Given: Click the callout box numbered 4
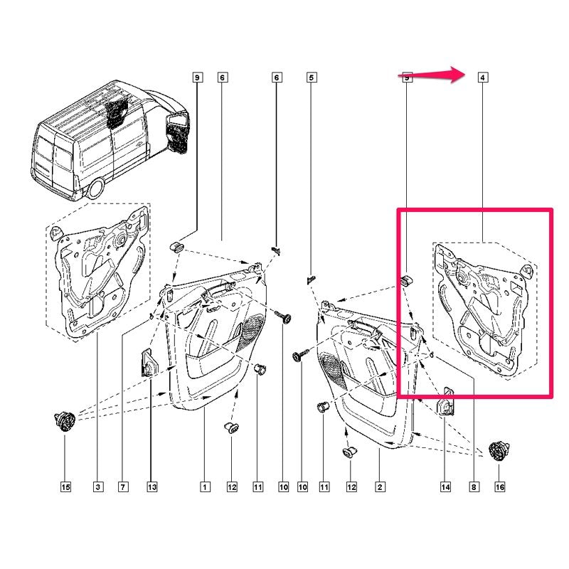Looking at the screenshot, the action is pyautogui.click(x=482, y=78).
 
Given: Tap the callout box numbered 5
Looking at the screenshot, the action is pyautogui.click(x=311, y=78).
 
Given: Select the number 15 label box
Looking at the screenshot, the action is pyautogui.click(x=65, y=486).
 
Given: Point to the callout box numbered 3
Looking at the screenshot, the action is pyautogui.click(x=98, y=486).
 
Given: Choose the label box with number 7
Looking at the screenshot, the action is pyautogui.click(x=122, y=486).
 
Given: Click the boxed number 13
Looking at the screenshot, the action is pyautogui.click(x=152, y=486).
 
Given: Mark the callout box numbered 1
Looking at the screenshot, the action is pyautogui.click(x=205, y=486).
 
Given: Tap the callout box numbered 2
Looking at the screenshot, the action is pyautogui.click(x=380, y=486).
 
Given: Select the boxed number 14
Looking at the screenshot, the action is pyautogui.click(x=445, y=486).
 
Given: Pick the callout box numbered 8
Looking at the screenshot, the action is pyautogui.click(x=474, y=486).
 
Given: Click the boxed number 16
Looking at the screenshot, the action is pyautogui.click(x=500, y=486).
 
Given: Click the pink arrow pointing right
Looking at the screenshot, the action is pyautogui.click(x=432, y=75).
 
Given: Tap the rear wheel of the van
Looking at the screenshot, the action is pyautogui.click(x=96, y=188).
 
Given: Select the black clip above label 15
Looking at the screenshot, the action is pyautogui.click(x=65, y=422).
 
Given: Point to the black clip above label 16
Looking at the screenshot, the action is pyautogui.click(x=499, y=451).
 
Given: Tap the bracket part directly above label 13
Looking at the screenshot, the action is pyautogui.click(x=149, y=363).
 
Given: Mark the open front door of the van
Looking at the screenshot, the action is pyautogui.click(x=178, y=132).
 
